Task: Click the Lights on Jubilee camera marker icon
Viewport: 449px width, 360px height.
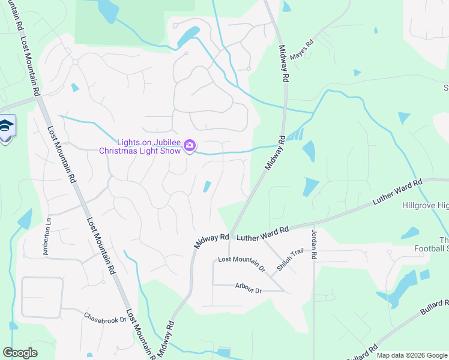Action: (190, 145)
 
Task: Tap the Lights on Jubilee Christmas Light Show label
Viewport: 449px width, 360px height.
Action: (140, 146)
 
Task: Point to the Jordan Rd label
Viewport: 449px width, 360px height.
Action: (314, 241)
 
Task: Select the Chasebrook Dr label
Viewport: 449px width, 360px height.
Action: (105, 317)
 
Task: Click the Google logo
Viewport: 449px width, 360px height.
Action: (20, 353)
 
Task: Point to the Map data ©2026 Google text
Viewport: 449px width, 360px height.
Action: (411, 355)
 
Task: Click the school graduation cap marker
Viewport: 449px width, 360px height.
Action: (5, 127)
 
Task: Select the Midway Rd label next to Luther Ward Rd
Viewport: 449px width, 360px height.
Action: (211, 241)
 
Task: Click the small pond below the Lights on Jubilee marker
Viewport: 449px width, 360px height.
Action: (207, 187)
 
